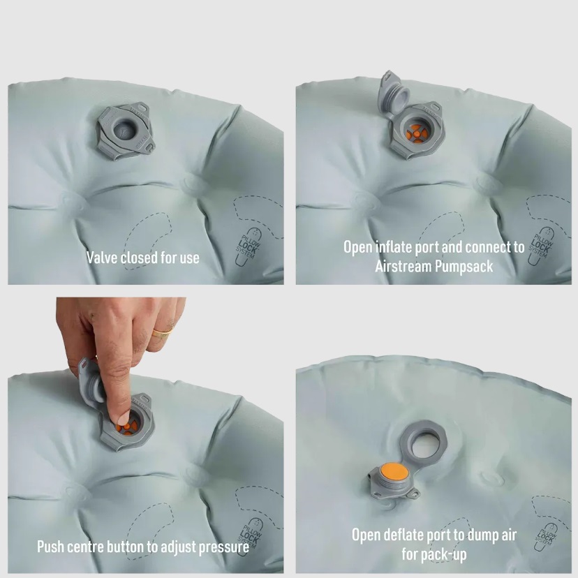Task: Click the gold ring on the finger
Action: tap(163, 332)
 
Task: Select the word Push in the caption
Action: tap(51, 547)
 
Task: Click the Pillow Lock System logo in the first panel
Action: tap(248, 246)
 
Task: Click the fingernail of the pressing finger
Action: tap(124, 418)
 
